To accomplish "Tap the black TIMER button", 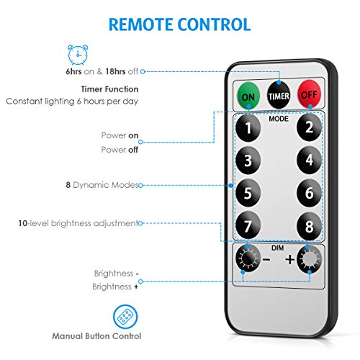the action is (x=279, y=95).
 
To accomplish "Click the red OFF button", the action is (x=309, y=94).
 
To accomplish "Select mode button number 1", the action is (x=248, y=127).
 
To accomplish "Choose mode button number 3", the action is (x=248, y=161).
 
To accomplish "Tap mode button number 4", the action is (x=309, y=160).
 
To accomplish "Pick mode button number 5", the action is (x=248, y=193).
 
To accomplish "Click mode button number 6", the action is (x=309, y=193).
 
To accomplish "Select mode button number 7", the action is (x=248, y=225).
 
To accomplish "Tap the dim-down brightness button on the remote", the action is (x=248, y=258).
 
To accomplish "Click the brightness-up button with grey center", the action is (x=309, y=259).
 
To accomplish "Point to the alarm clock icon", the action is (x=78, y=55).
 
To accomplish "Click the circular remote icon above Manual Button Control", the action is (x=125, y=317).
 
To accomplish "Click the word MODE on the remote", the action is (x=279, y=119).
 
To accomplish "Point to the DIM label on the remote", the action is (x=278, y=248).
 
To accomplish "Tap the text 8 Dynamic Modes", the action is (x=102, y=185).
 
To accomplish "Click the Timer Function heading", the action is (x=109, y=89).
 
